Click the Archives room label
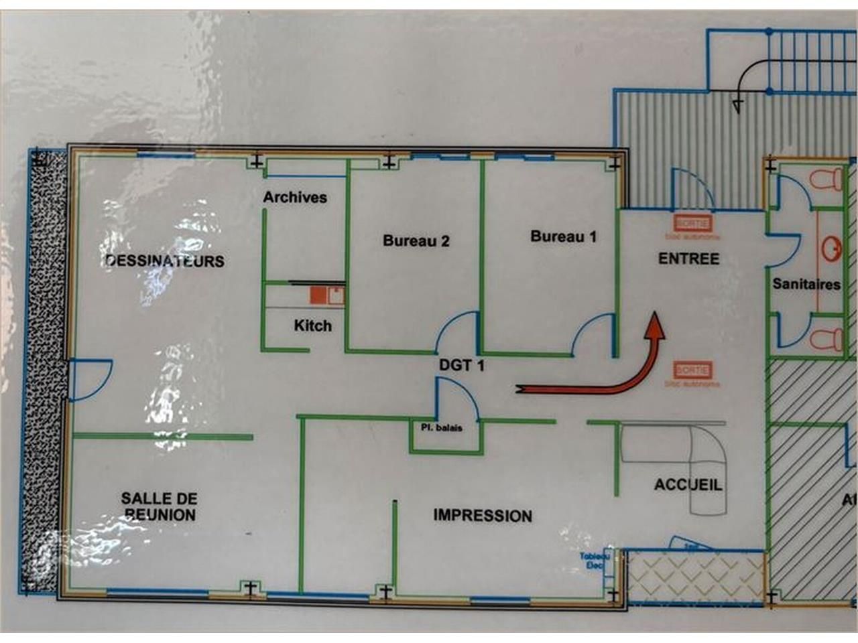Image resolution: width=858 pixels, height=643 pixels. click(295, 198)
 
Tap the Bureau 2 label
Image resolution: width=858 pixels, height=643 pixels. click(416, 241)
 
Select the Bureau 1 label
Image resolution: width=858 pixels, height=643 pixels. click(563, 236)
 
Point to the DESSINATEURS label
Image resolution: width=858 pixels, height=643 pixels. click(165, 261)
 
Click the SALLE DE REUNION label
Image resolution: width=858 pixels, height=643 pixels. click(159, 506)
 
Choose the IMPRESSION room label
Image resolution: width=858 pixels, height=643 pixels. click(483, 516)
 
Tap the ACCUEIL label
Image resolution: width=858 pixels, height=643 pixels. click(688, 485)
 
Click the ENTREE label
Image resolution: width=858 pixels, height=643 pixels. click(688, 259)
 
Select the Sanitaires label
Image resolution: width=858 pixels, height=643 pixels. click(806, 285)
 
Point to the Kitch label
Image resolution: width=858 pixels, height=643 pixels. click(312, 326)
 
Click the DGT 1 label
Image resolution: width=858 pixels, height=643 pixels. click(461, 366)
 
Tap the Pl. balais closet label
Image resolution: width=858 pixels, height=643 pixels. click(441, 427)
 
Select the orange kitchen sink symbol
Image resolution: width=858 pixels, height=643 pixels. click(326, 295)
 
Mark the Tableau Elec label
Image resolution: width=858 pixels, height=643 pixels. click(595, 561)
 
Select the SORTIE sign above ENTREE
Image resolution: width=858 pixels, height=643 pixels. click(692, 223)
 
